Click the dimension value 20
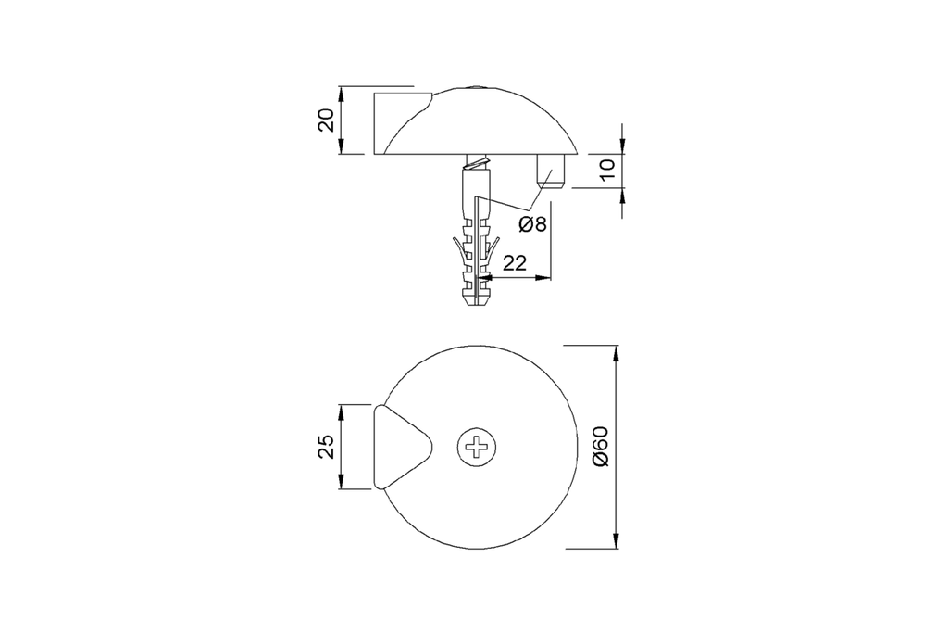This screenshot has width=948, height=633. [x=327, y=120]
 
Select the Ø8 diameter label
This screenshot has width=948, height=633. [x=532, y=224]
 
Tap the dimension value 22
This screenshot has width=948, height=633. [x=515, y=262]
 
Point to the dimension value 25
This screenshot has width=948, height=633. [x=327, y=447]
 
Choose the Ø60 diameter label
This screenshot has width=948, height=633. [x=601, y=447]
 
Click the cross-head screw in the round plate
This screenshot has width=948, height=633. [x=477, y=448]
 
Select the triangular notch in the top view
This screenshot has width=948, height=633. [x=403, y=447]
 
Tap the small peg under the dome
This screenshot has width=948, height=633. [x=550, y=171]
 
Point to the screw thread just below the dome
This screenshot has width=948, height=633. [x=477, y=162]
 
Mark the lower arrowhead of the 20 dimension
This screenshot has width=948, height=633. [x=342, y=147]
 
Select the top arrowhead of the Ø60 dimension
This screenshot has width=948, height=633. [x=616, y=353]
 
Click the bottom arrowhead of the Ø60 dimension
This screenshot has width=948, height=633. [x=616, y=541]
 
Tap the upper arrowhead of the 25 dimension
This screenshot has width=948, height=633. [x=342, y=411]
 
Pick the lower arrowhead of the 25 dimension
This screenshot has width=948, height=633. [x=342, y=482]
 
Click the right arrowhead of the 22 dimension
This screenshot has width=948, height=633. [x=543, y=278]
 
